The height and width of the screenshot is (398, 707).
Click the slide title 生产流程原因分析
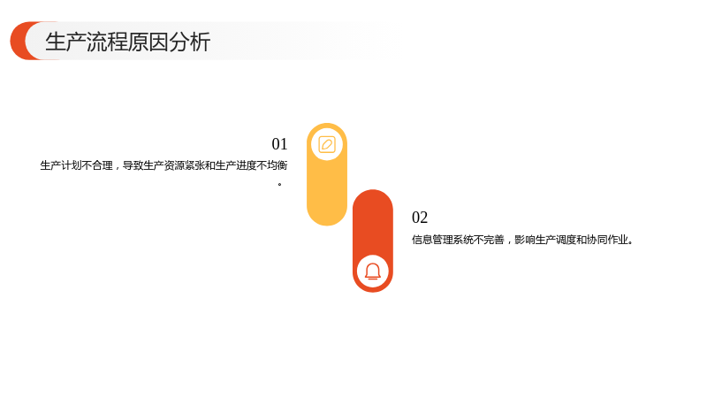point(127,42)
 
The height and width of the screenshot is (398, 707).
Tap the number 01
point(279,144)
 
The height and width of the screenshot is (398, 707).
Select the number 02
point(420,218)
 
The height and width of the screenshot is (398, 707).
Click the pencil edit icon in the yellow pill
point(327,145)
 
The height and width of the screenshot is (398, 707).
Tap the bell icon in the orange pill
point(373,272)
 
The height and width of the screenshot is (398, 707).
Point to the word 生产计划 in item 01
point(61,165)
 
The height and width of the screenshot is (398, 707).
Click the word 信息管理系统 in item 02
point(443,240)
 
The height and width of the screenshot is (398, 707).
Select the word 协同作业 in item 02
point(607,240)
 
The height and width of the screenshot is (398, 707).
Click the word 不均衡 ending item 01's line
point(272,165)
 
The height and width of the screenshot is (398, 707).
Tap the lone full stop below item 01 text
point(280,184)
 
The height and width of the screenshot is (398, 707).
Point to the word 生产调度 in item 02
point(556,240)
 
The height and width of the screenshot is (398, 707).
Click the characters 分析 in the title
point(190,42)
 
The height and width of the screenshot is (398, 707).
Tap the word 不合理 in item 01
point(97,165)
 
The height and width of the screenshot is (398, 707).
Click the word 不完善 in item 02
point(490,240)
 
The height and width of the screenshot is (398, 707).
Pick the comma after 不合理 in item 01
point(117,169)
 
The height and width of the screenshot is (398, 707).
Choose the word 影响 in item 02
point(525,240)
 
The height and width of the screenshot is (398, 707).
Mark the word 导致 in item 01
point(133,165)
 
